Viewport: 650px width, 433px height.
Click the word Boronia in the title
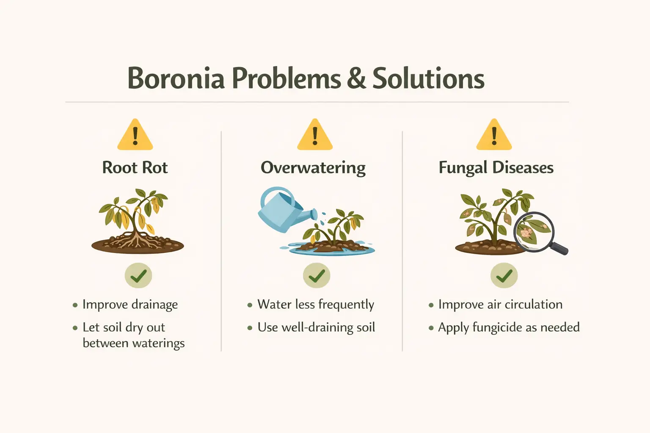[176, 79]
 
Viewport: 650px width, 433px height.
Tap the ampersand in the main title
[356, 79]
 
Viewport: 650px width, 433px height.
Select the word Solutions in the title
[428, 79]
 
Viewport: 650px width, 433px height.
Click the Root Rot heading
[135, 168]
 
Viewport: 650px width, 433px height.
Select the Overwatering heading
[313, 168]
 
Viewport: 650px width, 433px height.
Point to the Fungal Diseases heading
[496, 168]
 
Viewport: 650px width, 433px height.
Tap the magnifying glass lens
[534, 231]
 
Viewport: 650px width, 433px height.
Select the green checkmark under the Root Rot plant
[138, 276]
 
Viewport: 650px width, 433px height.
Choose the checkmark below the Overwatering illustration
[317, 276]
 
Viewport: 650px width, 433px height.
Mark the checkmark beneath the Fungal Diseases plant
[504, 276]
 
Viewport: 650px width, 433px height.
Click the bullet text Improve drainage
[130, 305]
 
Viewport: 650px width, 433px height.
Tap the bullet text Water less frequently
[316, 305]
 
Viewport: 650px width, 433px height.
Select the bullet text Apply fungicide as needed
[509, 328]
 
